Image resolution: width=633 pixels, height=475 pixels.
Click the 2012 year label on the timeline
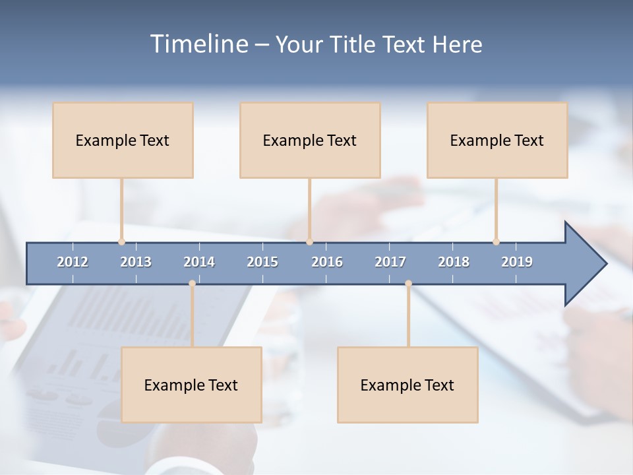point(73,262)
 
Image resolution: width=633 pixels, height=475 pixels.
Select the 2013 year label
point(136,262)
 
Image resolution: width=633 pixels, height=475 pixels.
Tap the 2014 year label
point(199,262)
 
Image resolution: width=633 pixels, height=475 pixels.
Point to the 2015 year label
point(262,262)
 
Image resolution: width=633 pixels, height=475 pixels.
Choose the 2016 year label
point(327,262)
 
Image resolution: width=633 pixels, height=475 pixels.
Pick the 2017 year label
point(390,262)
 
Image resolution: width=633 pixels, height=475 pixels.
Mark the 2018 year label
point(454,262)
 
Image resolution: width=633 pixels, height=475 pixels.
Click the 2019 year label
point(517,262)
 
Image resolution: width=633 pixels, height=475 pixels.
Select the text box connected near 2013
point(123,140)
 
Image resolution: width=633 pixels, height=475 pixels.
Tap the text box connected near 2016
point(310,140)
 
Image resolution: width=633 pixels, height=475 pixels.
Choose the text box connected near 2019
point(497,140)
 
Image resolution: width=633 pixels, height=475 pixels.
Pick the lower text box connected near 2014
point(191,385)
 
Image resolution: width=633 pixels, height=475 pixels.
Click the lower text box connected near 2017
point(407,385)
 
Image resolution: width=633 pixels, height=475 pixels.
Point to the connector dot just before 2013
point(121,241)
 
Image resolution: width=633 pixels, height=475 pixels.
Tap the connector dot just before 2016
point(309,241)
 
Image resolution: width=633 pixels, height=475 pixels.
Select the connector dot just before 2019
point(496,241)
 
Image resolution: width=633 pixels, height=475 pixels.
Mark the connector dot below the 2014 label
point(192,284)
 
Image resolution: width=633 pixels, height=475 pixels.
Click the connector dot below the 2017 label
point(408,284)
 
